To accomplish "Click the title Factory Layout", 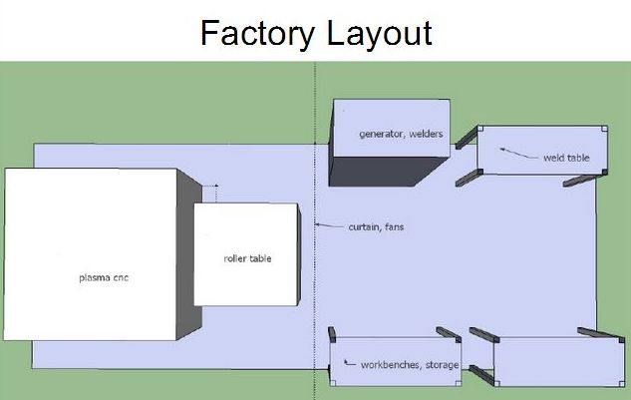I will [x=315, y=32].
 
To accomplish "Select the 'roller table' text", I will [x=247, y=258].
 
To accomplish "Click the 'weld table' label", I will [x=565, y=158].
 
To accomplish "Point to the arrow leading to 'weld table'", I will [x=517, y=153].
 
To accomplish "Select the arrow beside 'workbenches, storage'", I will [x=348, y=363].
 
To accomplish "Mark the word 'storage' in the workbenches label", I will [x=442, y=365].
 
